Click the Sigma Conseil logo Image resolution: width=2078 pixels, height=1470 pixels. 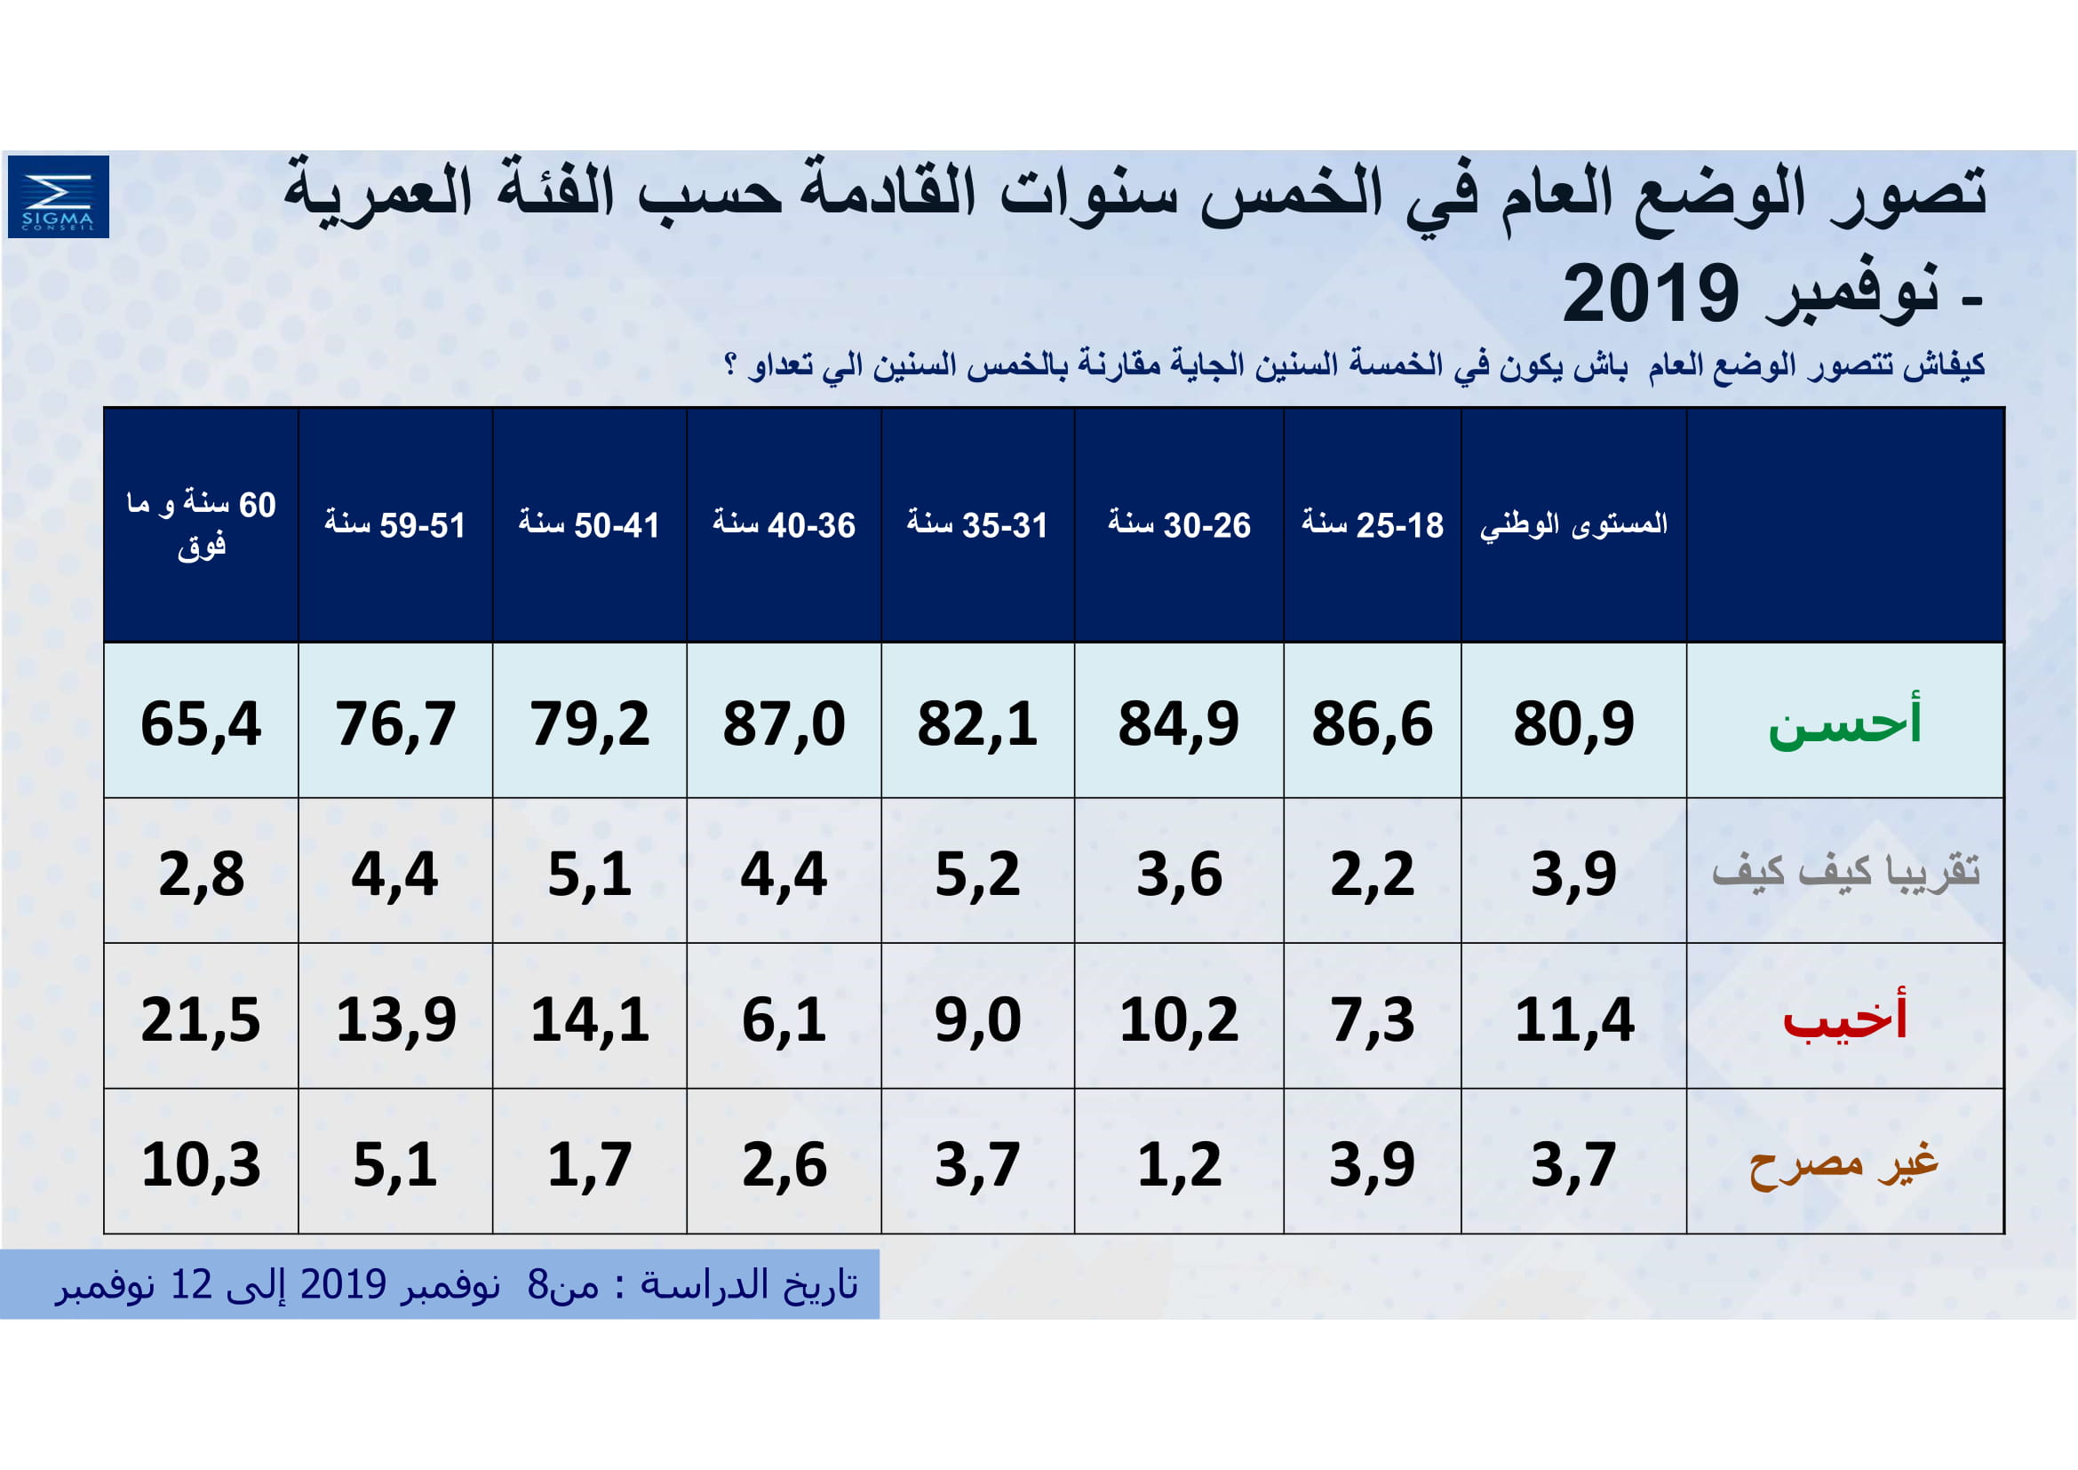click(x=58, y=196)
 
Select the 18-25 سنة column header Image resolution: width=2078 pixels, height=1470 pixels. click(x=1372, y=525)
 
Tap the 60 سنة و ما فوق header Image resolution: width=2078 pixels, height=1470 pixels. click(x=201, y=525)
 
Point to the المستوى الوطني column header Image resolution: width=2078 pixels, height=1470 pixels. click(x=1573, y=525)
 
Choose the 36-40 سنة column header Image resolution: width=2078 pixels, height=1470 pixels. click(x=784, y=525)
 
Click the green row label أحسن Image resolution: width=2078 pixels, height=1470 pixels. click(x=1844, y=722)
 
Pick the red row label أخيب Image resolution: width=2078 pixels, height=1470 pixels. click(x=1844, y=1019)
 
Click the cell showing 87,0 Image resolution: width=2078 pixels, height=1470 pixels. click(x=784, y=724)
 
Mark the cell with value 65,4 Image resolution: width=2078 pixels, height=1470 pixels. click(x=201, y=724)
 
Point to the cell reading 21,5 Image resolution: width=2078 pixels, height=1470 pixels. click(x=201, y=1020)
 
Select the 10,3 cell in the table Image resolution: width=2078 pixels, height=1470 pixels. click(x=201, y=1165)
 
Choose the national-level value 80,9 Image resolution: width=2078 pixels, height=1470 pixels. click(x=1573, y=724)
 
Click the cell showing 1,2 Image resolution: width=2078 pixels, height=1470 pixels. click(x=1178, y=1165)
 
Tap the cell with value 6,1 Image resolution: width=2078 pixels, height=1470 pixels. click(x=784, y=1020)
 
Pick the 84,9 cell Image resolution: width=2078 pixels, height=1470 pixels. click(x=1178, y=724)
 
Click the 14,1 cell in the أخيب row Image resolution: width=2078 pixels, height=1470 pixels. click(x=589, y=1020)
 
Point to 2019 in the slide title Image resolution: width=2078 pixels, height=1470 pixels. click(x=1650, y=294)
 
